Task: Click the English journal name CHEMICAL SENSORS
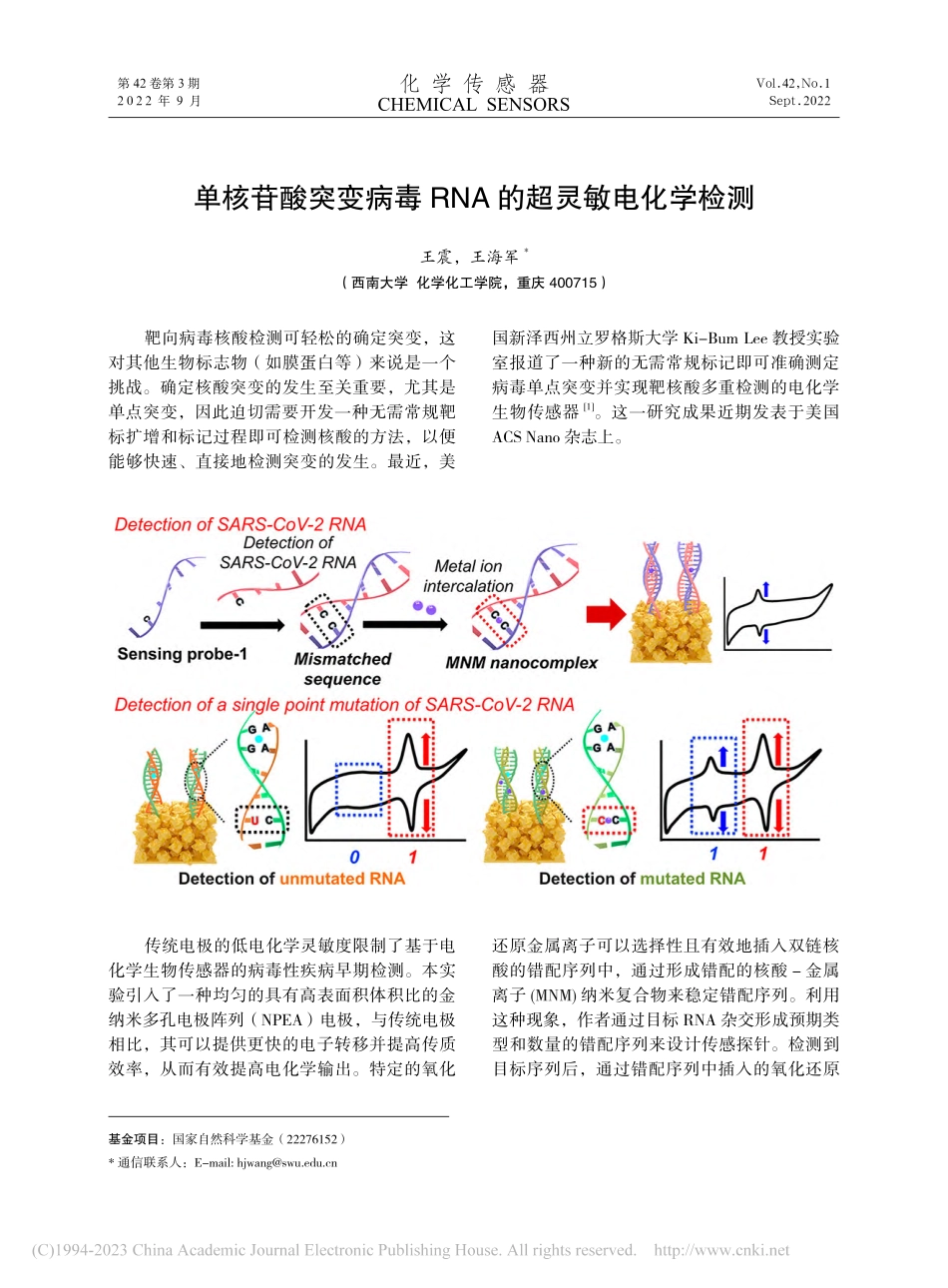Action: click(473, 105)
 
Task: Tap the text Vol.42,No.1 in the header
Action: click(793, 84)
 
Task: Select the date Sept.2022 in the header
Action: click(799, 101)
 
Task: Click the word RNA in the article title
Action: click(459, 199)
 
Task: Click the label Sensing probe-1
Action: click(182, 654)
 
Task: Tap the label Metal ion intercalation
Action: click(468, 576)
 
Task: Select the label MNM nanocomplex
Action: click(521, 663)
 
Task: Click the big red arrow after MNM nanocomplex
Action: click(605, 615)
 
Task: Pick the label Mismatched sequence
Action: click(342, 669)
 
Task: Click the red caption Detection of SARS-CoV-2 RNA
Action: click(240, 524)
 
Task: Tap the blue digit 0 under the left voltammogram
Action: click(354, 857)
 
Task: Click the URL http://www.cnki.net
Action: click(721, 1250)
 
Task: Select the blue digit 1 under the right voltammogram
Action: click(713, 854)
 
